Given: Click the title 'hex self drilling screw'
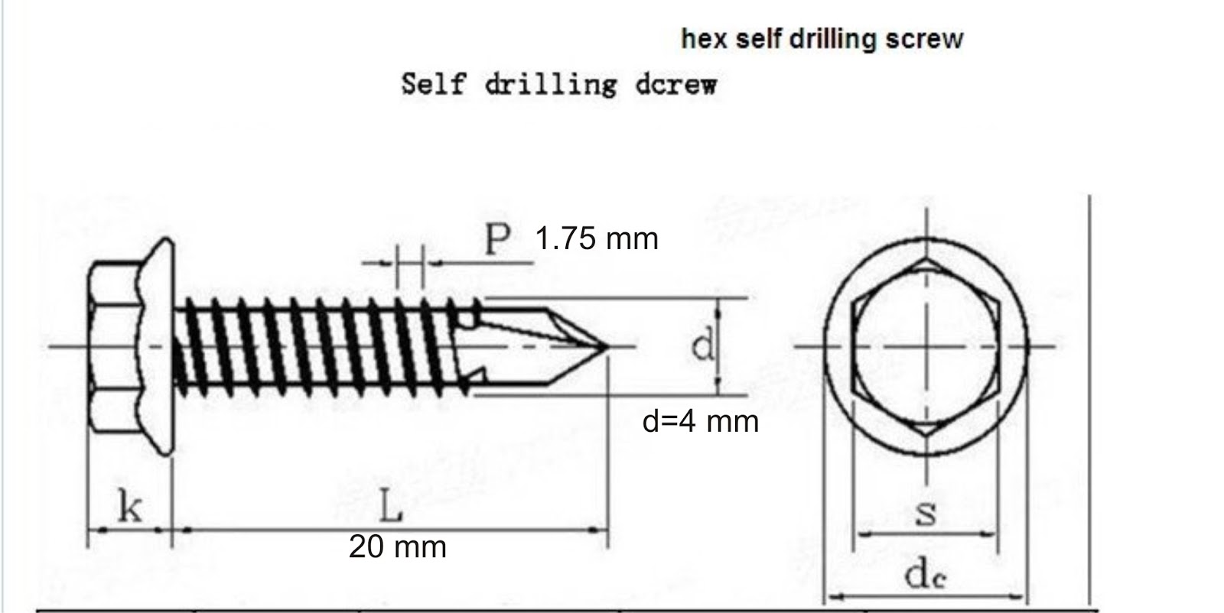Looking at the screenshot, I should [x=822, y=38].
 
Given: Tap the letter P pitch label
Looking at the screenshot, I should [x=497, y=240].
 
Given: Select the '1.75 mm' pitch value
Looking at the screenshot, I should [x=596, y=239].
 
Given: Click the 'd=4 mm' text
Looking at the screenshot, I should [x=700, y=421].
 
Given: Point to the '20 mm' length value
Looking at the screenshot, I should [x=397, y=547].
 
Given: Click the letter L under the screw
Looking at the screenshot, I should [x=390, y=507].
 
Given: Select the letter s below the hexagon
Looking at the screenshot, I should [x=926, y=513].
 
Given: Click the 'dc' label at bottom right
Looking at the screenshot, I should [x=925, y=575].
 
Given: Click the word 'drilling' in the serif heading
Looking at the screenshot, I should [x=549, y=84].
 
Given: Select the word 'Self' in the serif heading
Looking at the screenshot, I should [x=432, y=83].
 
